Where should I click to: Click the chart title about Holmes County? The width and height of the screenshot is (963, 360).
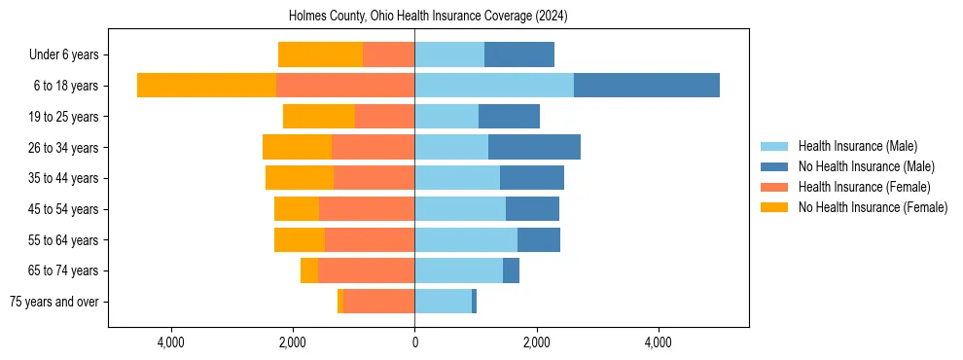(428, 17)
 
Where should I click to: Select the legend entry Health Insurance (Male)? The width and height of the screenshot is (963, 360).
(857, 146)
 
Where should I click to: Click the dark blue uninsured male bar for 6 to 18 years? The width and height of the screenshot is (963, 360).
(647, 86)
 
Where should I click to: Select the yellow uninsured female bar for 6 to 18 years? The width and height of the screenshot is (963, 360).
(206, 86)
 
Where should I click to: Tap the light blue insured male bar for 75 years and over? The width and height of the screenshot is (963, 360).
(443, 302)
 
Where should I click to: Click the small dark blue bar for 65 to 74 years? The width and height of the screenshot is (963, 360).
(511, 270)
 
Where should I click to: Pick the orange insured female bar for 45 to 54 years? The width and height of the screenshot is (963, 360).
(367, 209)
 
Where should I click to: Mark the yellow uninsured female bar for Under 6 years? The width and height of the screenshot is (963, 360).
(320, 55)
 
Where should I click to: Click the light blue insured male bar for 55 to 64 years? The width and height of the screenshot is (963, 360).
(466, 239)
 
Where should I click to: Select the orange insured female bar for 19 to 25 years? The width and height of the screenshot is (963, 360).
(384, 117)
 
